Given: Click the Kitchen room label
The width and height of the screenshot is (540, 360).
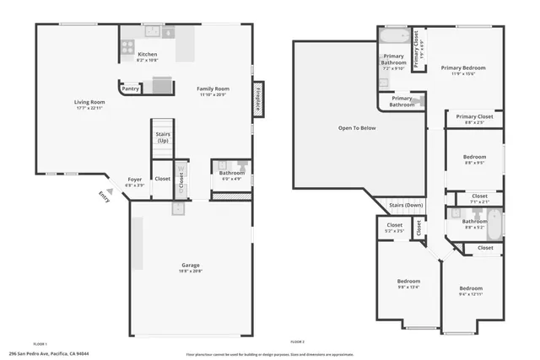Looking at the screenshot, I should (x=147, y=53).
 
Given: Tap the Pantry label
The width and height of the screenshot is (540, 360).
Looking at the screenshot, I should (x=131, y=89).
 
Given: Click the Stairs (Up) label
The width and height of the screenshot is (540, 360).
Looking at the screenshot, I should (x=162, y=137).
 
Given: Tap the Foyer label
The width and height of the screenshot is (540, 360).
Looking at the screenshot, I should (x=135, y=179).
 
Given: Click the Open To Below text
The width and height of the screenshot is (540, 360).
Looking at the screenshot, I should (x=357, y=128).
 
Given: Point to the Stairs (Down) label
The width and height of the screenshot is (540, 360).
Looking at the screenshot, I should (x=406, y=205).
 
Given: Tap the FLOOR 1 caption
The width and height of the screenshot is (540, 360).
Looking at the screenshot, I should (x=40, y=344).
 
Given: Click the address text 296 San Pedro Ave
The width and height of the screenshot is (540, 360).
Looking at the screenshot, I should (x=49, y=354).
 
